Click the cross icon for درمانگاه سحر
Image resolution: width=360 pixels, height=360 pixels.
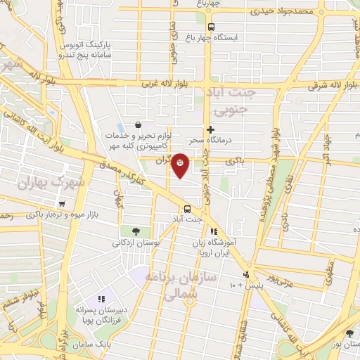pyautogui.click(x=210, y=129)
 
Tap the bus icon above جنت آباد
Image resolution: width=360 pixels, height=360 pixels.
pyautogui.click(x=187, y=209)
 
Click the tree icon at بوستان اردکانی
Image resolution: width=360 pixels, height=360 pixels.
pyautogui.click(x=135, y=231)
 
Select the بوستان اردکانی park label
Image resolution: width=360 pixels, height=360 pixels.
pyautogui.click(x=136, y=243)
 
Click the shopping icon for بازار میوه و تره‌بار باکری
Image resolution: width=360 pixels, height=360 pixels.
pyautogui.click(x=63, y=204)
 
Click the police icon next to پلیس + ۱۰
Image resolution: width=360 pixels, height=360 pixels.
pyautogui.click(x=245, y=274)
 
